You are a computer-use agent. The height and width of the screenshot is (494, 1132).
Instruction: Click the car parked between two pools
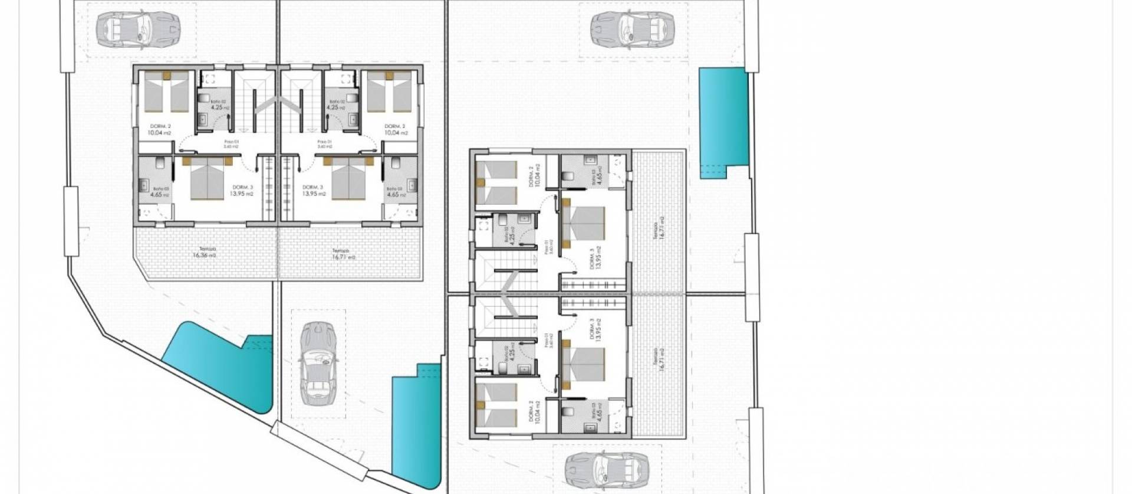pyautogui.click(x=319, y=364)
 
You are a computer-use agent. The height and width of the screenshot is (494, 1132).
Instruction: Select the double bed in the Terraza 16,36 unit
pyautogui.click(x=208, y=179)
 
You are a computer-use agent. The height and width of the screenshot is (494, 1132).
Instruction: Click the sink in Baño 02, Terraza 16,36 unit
pyautogui.click(x=203, y=118)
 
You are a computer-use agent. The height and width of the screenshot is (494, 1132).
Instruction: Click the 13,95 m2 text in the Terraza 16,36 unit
pyautogui.click(x=242, y=193)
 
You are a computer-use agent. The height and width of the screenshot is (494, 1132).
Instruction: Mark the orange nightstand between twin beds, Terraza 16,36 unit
pyautogui.click(x=167, y=75)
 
